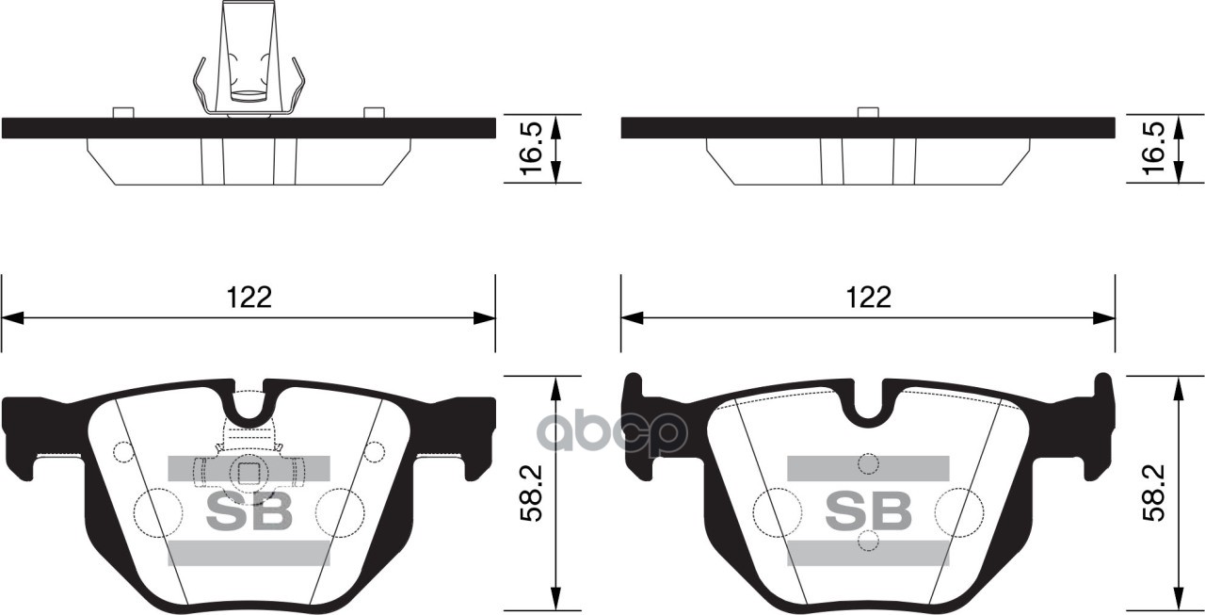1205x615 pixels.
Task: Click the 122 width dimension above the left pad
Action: pos(249,298)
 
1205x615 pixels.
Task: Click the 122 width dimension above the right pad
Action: pos(868,298)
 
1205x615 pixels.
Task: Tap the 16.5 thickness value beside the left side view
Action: pos(532,149)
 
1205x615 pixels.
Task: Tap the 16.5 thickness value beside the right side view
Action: pos(1153,149)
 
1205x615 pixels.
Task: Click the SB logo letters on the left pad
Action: pos(249,510)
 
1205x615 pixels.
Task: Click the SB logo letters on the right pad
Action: pos(868,510)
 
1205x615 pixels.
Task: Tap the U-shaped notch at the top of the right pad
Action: pos(868,403)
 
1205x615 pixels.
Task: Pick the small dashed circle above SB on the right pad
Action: pos(868,463)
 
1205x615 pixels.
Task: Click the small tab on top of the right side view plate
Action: pos(868,112)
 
